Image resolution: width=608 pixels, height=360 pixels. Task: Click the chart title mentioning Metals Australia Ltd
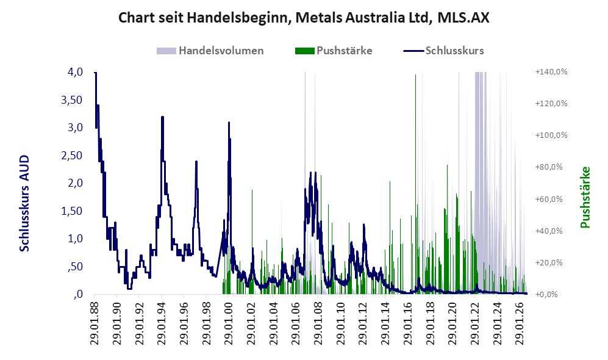304,18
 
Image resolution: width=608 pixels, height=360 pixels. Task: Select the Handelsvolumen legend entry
210,51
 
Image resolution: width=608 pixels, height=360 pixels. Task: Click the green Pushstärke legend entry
334,51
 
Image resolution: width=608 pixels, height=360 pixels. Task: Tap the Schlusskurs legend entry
443,51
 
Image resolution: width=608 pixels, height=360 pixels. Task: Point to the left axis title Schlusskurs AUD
24,203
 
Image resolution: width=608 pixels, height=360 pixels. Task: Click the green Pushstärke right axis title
585,198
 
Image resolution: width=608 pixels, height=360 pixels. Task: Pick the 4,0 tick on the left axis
75,72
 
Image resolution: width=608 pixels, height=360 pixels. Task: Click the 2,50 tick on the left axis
72,155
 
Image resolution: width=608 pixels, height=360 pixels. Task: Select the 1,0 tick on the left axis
75,239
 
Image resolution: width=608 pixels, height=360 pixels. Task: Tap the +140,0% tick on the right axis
551,72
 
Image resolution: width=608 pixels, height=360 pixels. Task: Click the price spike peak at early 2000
229,123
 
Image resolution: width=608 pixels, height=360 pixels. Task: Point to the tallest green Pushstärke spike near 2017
416,75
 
